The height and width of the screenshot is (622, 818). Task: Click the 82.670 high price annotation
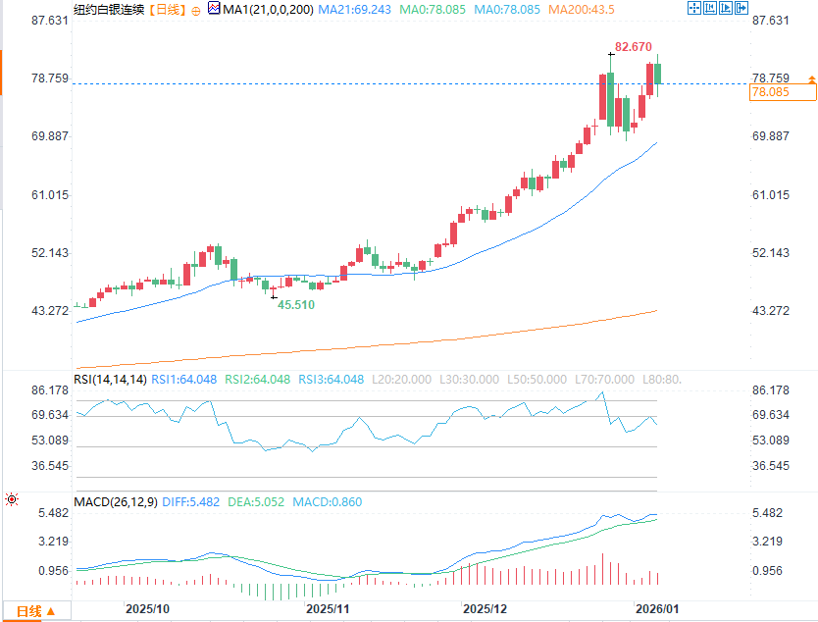[634, 46]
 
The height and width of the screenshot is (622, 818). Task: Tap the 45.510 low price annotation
[295, 305]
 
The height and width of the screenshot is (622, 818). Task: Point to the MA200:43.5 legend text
[581, 9]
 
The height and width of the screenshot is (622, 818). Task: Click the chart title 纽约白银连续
[109, 9]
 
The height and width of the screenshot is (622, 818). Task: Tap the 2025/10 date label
[147, 609]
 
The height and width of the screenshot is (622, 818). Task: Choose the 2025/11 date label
[329, 609]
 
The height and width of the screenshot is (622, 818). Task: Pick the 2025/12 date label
[486, 609]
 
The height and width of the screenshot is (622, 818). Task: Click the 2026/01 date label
[655, 609]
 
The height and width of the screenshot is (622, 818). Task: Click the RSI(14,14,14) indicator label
[110, 380]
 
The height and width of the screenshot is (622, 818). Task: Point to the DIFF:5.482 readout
[196, 502]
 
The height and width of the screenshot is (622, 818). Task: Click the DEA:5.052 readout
[256, 502]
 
